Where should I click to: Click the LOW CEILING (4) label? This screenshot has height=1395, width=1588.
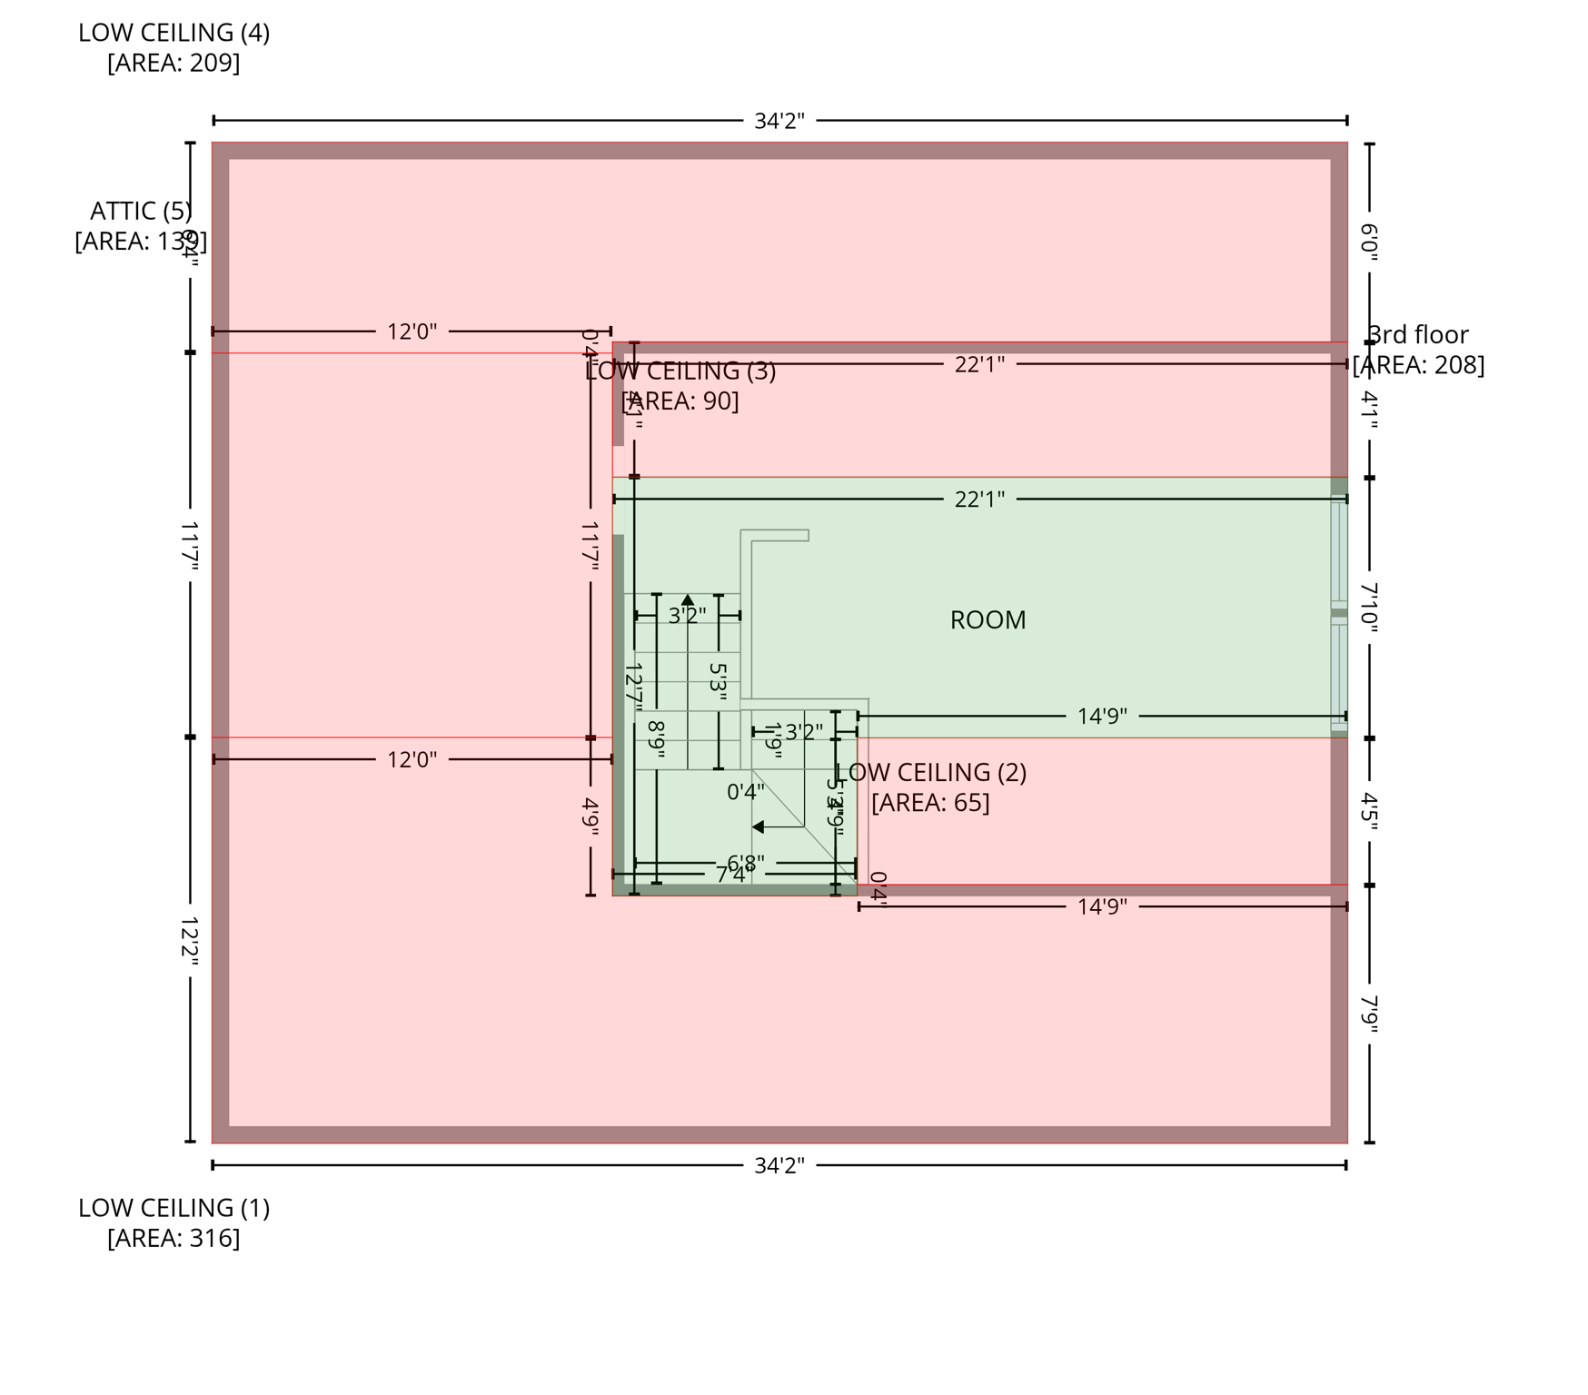pyautogui.click(x=174, y=33)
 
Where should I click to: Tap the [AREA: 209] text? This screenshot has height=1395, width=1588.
pyautogui.click(x=174, y=63)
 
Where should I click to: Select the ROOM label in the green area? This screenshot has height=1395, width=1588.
pyautogui.click(x=988, y=620)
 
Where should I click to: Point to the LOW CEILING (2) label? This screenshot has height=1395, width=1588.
pyautogui.click(x=930, y=773)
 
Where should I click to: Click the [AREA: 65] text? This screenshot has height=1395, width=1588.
pyautogui.click(x=930, y=803)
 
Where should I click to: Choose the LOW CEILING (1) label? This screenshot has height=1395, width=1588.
pyautogui.click(x=174, y=1208)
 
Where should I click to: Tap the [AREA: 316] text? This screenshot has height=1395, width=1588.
pyautogui.click(x=174, y=1238)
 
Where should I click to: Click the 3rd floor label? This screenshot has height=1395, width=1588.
pyautogui.click(x=1418, y=335)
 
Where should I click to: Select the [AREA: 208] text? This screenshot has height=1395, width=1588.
pyautogui.click(x=1418, y=365)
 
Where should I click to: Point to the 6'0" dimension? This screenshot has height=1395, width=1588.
pyautogui.click(x=1369, y=243)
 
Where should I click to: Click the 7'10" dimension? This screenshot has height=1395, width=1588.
pyautogui.click(x=1369, y=608)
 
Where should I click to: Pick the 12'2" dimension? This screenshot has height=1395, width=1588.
pyautogui.click(x=190, y=940)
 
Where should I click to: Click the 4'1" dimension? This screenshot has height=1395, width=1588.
pyautogui.click(x=1369, y=411)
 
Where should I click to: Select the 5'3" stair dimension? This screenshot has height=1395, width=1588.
pyautogui.click(x=718, y=682)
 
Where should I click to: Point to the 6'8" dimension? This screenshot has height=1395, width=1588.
pyautogui.click(x=746, y=862)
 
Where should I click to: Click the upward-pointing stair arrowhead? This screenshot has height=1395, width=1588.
pyautogui.click(x=688, y=599)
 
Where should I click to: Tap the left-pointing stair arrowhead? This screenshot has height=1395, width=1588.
pyautogui.click(x=758, y=827)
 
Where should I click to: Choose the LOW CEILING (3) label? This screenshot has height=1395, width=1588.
pyautogui.click(x=680, y=371)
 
